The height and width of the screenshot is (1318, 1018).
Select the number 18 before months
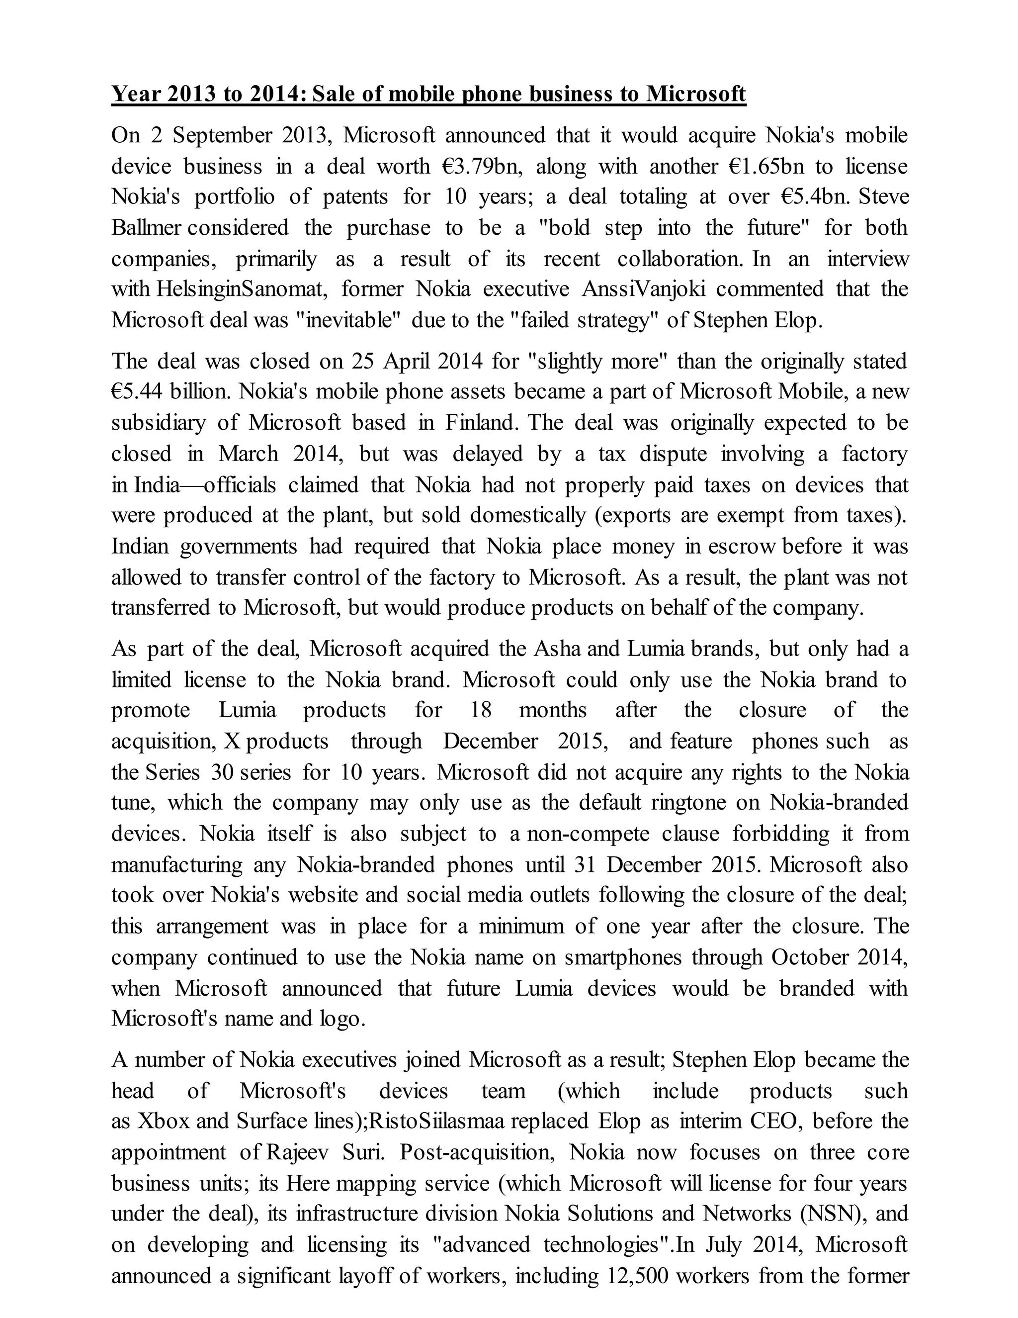tap(481, 710)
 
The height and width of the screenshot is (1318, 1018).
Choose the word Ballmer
tap(147, 227)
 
